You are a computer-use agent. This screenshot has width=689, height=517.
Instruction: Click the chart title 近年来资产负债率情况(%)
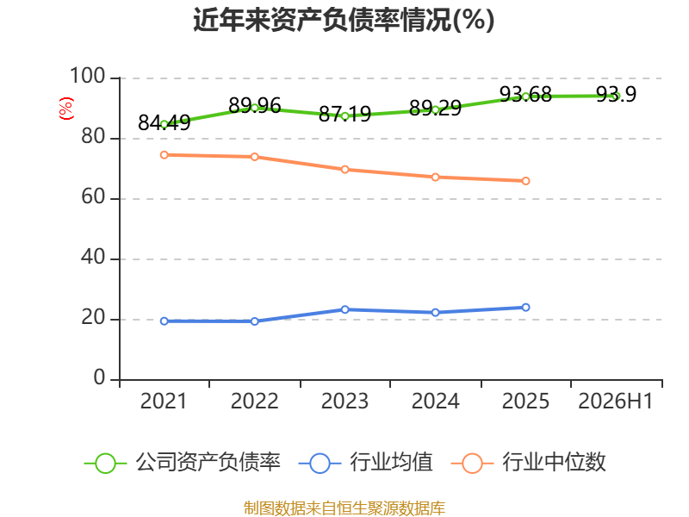tap(344, 20)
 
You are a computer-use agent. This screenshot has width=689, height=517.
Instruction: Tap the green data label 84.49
tap(164, 122)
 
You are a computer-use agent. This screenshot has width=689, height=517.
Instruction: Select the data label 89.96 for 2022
tap(255, 105)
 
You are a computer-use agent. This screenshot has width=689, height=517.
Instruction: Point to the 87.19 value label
tap(345, 115)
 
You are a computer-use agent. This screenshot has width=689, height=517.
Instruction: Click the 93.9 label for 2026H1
tap(616, 94)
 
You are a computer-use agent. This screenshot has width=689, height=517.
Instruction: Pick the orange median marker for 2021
tap(164, 155)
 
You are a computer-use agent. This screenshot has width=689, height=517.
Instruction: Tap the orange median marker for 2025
tap(525, 181)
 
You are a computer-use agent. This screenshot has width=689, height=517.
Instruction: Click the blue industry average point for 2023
tap(345, 309)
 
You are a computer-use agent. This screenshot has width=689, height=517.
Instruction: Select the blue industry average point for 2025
tap(525, 308)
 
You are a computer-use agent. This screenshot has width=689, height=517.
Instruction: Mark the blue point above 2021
tap(164, 321)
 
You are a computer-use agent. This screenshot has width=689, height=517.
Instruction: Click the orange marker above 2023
tap(345, 170)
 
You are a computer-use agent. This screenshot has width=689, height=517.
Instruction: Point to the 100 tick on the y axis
tap(88, 76)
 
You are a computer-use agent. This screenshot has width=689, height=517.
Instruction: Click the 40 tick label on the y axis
tap(93, 257)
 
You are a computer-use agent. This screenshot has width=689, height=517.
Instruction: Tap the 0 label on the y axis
tap(99, 377)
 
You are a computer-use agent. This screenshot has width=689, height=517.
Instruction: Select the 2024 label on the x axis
tap(436, 402)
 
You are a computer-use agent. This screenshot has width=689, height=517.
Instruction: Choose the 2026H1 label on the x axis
tap(616, 402)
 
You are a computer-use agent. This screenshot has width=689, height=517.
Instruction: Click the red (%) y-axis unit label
tap(66, 109)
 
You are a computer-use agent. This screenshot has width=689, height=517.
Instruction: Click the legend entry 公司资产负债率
tap(182, 463)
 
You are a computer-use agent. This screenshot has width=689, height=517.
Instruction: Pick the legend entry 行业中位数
tap(529, 463)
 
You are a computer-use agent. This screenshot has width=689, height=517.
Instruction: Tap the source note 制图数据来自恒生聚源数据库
tap(344, 508)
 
